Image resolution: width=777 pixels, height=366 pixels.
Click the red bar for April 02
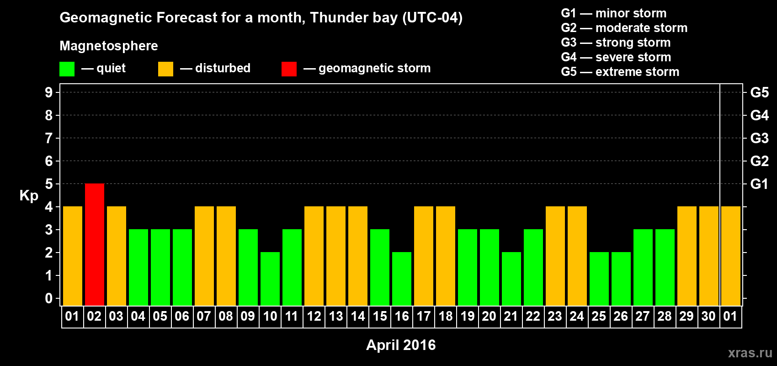coord(94,244)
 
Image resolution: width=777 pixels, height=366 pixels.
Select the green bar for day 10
coord(270,279)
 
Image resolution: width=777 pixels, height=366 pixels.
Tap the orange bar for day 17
coord(424,256)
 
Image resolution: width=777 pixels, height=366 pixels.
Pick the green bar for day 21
coord(511,279)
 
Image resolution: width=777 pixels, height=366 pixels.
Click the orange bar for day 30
coord(708,256)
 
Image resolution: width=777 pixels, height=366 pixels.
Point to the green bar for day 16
coord(402,279)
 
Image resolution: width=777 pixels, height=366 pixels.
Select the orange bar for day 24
coord(577,256)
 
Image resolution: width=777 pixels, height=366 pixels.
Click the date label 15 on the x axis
coord(380,316)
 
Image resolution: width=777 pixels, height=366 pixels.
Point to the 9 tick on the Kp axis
coord(48,92)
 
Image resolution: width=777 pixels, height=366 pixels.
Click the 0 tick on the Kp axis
coord(48,298)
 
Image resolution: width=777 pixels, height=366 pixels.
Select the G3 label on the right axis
coord(760,138)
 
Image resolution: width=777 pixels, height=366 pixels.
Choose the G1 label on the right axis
coord(760,184)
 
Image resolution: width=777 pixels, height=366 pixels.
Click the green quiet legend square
coord(67,69)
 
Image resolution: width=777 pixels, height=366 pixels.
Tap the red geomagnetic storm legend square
coord(289,69)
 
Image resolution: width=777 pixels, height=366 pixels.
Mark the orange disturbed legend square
coord(165,69)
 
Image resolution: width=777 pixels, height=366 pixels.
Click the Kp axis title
coord(29,196)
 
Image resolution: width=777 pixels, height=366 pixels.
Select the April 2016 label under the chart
coord(401,345)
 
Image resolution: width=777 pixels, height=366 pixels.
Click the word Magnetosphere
coord(109,46)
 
